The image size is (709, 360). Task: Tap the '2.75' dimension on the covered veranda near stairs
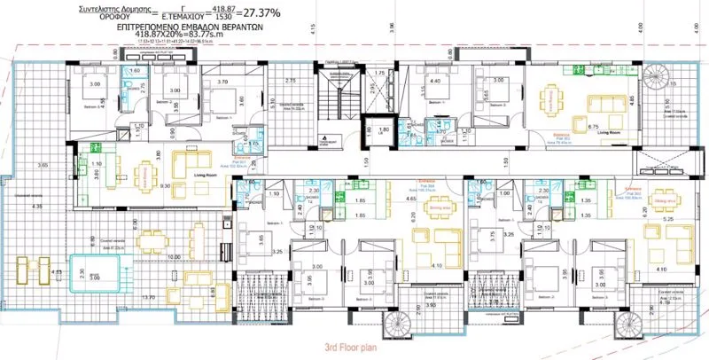[x=290, y=82]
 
